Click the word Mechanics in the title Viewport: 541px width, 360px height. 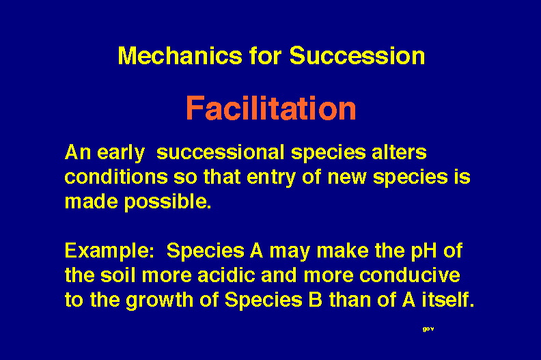click(x=180, y=55)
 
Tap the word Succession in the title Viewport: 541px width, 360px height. click(x=357, y=55)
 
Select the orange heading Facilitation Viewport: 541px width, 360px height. click(x=271, y=109)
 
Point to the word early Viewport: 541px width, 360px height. click(x=121, y=153)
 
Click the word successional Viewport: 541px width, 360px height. click(x=221, y=152)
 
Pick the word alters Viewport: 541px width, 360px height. click(x=399, y=152)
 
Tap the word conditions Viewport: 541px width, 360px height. click(x=116, y=177)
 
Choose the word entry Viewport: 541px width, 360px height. click(x=271, y=178)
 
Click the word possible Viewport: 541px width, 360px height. click(x=167, y=202)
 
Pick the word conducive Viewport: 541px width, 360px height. click(x=410, y=275)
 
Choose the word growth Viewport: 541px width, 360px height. click(x=159, y=301)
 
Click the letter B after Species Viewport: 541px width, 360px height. click(x=315, y=300)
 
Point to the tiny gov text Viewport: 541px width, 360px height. click(x=428, y=329)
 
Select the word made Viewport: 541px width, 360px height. click(x=92, y=202)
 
